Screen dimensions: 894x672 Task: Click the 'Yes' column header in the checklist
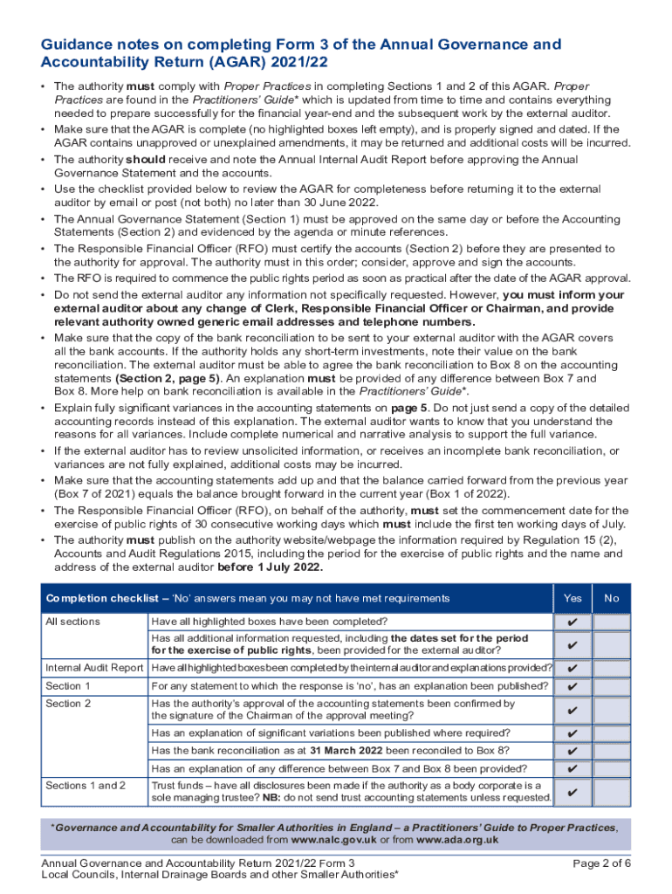[573, 598]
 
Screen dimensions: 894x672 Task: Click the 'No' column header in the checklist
[612, 598]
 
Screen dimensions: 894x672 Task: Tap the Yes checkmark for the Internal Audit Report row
[573, 668]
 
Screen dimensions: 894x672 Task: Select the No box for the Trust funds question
[612, 793]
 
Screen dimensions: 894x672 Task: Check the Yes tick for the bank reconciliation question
[573, 751]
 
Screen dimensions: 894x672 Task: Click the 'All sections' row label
[72, 622]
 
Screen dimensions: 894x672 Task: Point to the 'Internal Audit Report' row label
[94, 668]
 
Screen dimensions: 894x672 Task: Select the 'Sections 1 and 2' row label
[86, 786]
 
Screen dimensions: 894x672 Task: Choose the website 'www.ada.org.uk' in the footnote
[457, 840]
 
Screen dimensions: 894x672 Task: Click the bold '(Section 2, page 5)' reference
[168, 378]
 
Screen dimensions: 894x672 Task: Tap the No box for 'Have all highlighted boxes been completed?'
[612, 622]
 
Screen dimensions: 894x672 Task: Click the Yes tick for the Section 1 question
[573, 686]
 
